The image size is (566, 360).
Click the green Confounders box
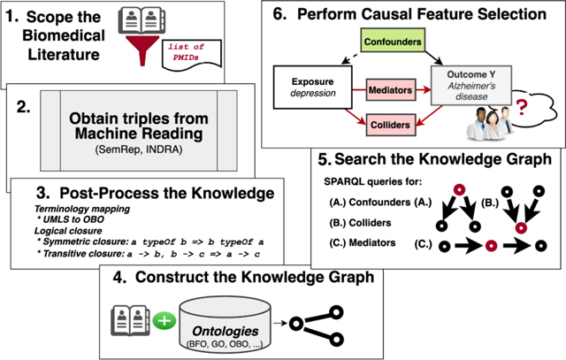click(x=394, y=42)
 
